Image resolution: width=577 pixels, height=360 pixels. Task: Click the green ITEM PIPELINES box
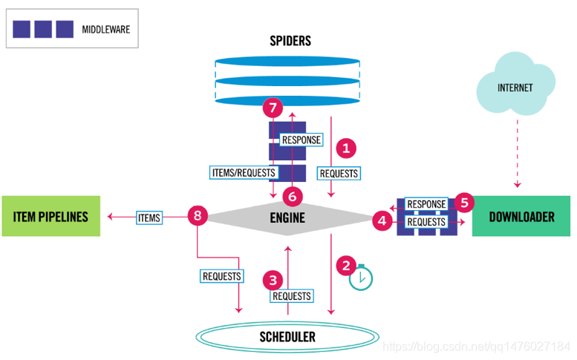coord(50,217)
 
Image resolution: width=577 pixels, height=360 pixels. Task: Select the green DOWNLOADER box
coord(521,217)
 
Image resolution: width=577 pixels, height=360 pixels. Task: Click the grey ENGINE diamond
coord(287,217)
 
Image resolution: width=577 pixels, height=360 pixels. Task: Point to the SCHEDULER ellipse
coord(287,337)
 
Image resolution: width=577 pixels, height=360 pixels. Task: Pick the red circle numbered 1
coord(345,148)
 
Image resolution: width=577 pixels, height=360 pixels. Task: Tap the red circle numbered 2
coord(345,264)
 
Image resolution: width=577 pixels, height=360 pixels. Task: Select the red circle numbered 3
coord(273,280)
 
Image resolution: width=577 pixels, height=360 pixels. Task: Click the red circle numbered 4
coord(382,220)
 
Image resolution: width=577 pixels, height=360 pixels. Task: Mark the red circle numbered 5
coord(464,201)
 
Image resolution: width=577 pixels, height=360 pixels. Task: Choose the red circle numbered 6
coord(293,196)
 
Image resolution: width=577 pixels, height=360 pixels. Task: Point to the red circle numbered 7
coord(273,108)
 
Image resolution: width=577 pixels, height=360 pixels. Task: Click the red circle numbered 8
coord(197,216)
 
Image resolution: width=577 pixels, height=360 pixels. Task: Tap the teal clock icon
coord(361,277)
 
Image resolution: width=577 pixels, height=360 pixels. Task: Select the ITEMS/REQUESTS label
coord(244,172)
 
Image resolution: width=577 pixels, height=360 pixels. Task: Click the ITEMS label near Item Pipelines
coord(149,217)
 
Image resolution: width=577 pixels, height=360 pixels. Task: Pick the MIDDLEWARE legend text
coord(105,29)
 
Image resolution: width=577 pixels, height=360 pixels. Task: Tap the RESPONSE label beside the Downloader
coord(426,204)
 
